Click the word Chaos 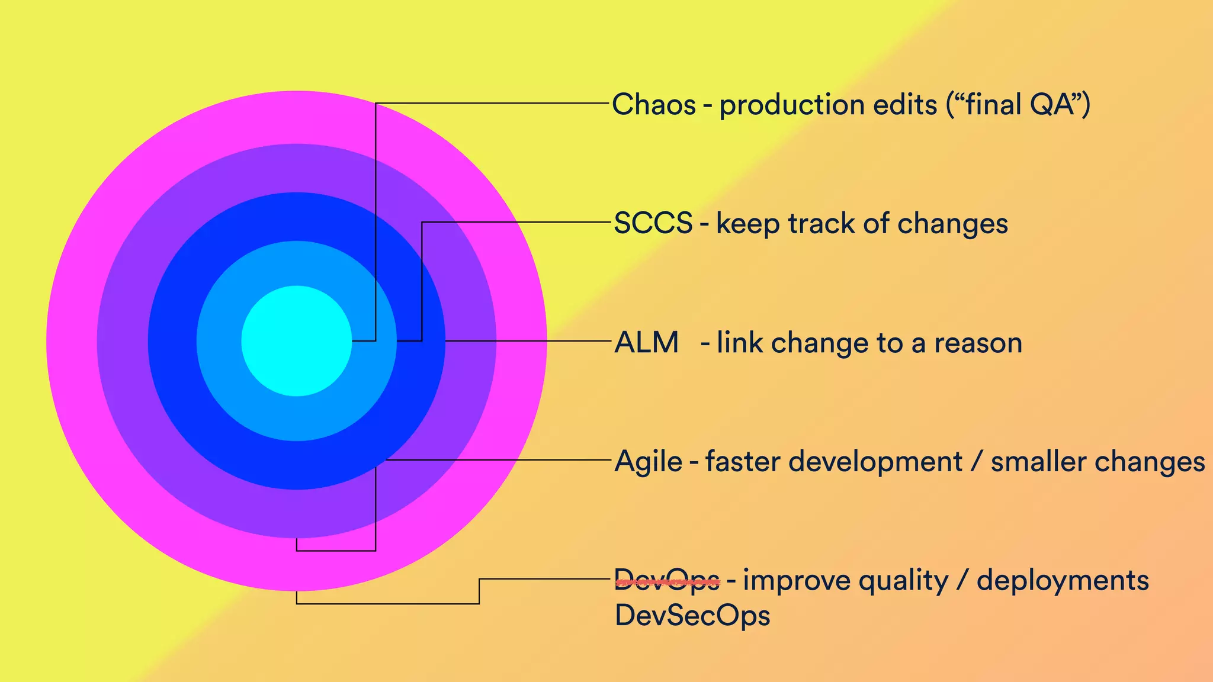(654, 105)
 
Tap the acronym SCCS (653, 224)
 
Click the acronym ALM (647, 343)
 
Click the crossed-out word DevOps (668, 581)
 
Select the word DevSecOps (692, 616)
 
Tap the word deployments (1063, 581)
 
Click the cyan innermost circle (296, 341)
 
